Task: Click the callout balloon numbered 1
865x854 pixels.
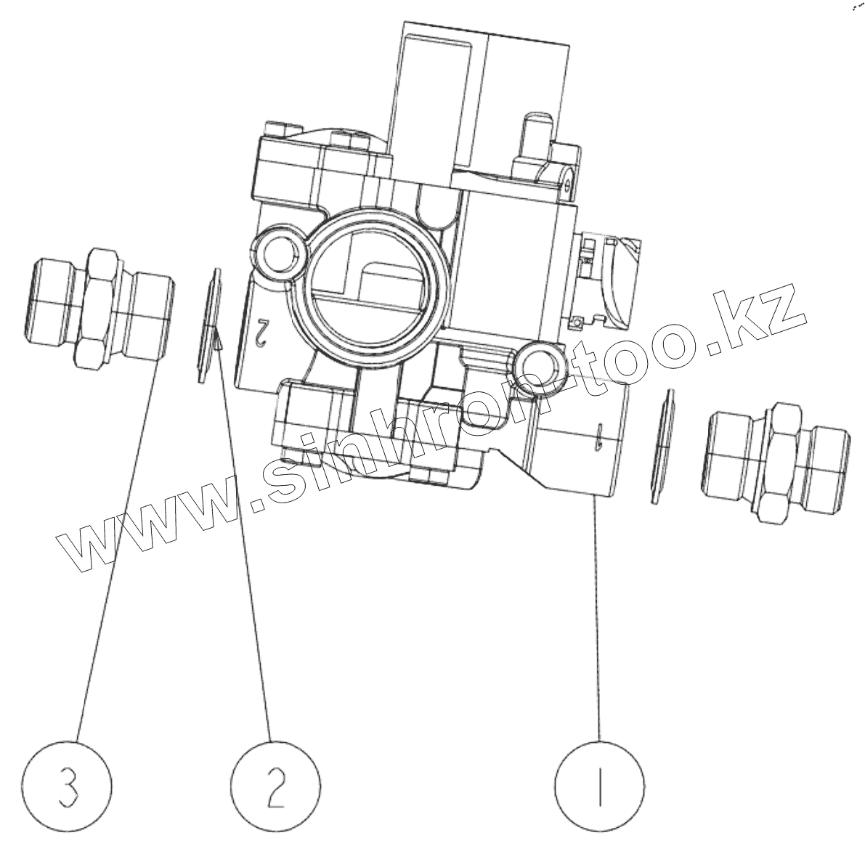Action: [x=599, y=786]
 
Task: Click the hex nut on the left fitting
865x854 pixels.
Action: [x=97, y=305]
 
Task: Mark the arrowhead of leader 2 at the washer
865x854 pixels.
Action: [x=218, y=338]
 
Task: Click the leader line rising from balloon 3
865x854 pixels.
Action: [x=116, y=552]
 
